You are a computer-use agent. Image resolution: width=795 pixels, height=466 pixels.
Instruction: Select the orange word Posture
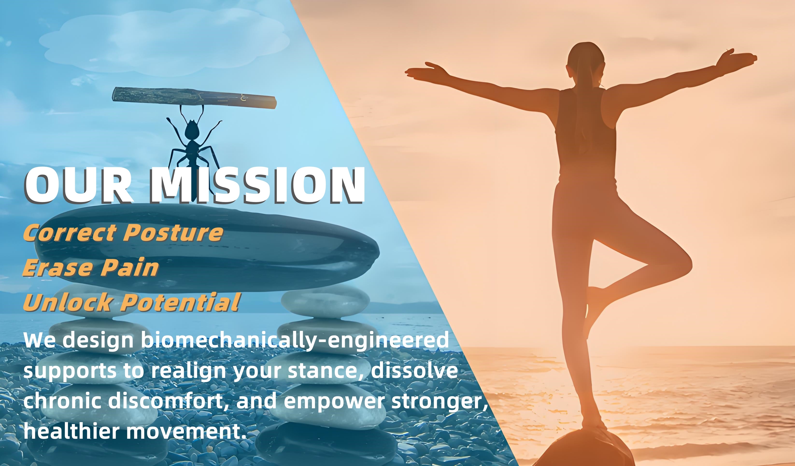tap(173, 232)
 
